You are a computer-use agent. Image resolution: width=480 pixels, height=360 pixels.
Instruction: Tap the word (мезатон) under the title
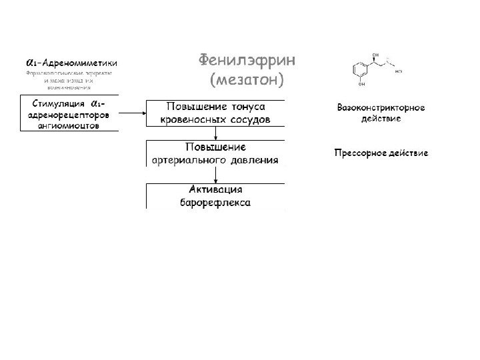tap(246, 81)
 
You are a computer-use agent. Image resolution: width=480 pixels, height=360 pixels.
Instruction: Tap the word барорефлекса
tap(215, 202)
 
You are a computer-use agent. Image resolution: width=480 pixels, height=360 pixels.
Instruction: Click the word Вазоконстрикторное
tap(381, 108)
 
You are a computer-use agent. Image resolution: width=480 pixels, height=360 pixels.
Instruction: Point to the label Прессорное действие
tap(381, 153)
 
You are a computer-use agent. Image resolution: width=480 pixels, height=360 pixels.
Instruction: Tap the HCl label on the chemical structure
tap(399, 70)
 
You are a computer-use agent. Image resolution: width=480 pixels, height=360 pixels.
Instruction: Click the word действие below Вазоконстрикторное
tap(381, 119)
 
